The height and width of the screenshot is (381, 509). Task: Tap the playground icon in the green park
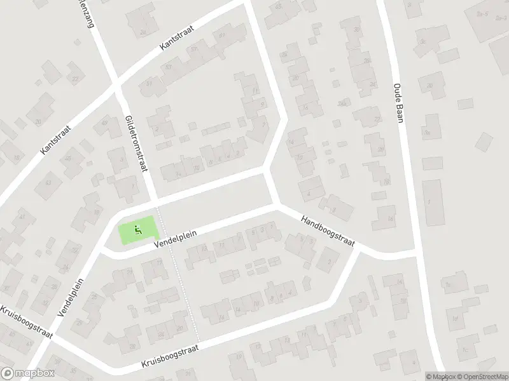tap(137, 229)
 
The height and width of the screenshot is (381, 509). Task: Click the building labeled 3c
tap(424, 43)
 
